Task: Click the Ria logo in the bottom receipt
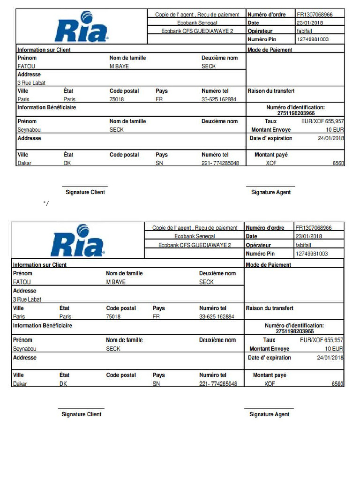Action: coord(78,241)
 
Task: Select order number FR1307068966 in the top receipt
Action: coord(315,15)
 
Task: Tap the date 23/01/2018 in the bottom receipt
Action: coord(308,236)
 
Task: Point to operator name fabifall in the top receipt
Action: coord(306,31)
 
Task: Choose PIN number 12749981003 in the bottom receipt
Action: coord(312,254)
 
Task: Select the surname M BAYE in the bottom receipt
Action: coord(116,282)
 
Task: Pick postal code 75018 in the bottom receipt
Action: coord(113,316)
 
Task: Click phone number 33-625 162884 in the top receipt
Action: coord(219,99)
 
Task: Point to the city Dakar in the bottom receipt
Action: coord(20,384)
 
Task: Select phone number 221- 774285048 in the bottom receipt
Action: coord(218,384)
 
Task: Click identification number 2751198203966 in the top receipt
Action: coord(296,113)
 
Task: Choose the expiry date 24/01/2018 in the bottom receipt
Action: coord(330,358)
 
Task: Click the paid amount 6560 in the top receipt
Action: coord(337,163)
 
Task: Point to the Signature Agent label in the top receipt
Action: coord(270,192)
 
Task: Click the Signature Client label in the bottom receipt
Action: coord(81,414)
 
